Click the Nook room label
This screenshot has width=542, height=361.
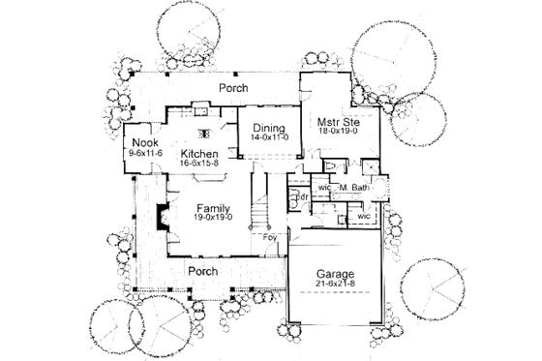tap(144, 143)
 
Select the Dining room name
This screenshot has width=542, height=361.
tap(267, 129)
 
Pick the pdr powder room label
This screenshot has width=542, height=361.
tap(302, 196)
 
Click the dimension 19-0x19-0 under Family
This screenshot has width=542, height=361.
tap(213, 219)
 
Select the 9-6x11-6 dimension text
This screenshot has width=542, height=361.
tap(144, 154)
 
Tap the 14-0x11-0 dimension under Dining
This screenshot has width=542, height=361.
tap(267, 138)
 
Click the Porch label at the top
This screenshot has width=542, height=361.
tap(232, 88)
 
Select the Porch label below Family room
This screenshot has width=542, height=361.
tap(201, 271)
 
